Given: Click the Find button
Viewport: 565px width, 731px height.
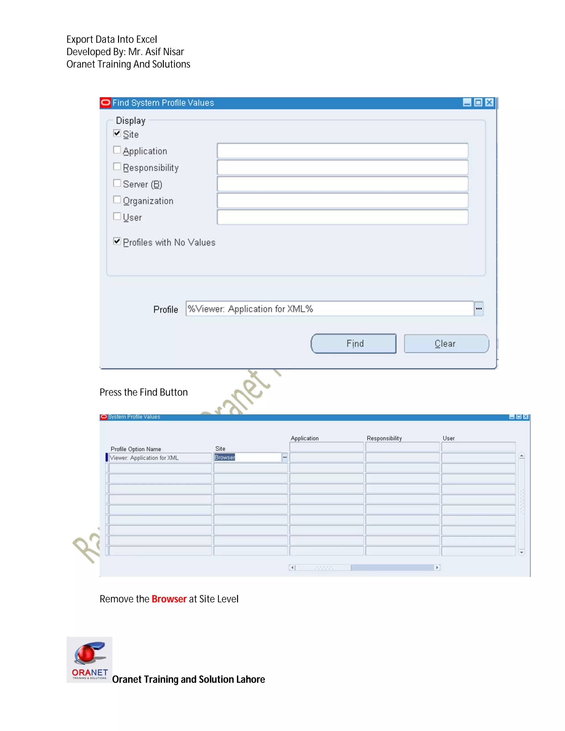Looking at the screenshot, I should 353,343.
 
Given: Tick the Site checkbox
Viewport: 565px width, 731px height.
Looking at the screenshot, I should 117,134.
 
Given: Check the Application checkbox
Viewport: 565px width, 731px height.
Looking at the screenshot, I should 117,150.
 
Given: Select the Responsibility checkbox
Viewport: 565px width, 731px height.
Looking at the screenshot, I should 117,166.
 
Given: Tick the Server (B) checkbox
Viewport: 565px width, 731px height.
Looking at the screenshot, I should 117,183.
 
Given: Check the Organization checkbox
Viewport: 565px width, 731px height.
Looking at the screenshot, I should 117,200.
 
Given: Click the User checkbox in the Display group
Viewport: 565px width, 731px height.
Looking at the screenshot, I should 117,216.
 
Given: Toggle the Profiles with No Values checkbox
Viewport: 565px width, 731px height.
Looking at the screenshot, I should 117,241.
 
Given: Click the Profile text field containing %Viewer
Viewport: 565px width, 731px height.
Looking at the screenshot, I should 329,309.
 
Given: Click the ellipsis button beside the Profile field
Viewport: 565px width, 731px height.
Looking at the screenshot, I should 479,309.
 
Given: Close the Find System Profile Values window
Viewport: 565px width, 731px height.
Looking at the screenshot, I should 489,102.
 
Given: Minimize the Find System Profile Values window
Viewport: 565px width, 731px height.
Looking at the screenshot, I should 467,102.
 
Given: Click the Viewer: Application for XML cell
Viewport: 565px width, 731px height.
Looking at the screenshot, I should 160,458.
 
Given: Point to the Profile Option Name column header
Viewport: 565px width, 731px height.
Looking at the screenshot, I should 136,449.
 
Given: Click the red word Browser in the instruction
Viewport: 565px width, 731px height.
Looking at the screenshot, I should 169,599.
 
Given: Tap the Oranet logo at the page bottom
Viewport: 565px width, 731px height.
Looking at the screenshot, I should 89,659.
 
